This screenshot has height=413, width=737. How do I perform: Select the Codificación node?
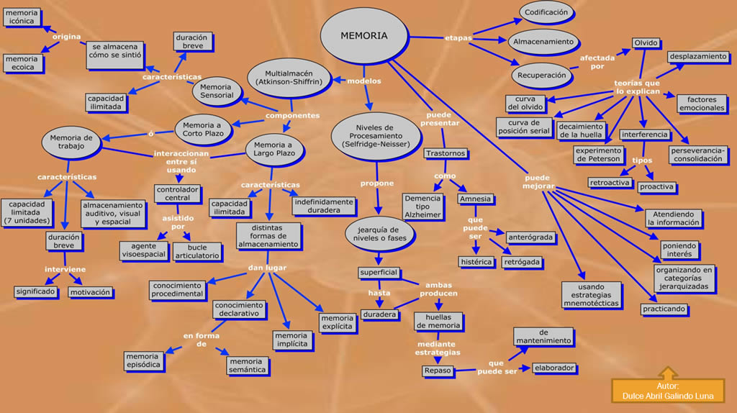coord(546,12)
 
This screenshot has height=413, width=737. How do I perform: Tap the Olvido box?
coord(646,43)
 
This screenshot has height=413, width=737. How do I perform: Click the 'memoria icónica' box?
coord(22,17)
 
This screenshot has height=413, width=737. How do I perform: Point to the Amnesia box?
coord(474,199)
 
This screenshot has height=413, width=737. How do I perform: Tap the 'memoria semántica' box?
coord(247,366)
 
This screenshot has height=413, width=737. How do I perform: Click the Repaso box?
coord(437,371)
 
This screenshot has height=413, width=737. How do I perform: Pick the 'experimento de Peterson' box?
coord(598,155)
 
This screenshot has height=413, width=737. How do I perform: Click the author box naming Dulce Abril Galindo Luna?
coord(668,391)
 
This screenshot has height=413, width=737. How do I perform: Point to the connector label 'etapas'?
coord(458,37)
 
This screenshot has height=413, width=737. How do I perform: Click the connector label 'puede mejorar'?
coord(539,181)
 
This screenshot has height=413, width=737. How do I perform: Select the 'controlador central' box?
coord(178,194)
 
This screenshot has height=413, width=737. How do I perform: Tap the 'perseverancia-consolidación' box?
coord(699,155)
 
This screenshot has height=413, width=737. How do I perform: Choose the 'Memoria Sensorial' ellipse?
coord(217,91)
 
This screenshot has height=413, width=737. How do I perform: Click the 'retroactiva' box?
coord(610,183)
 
